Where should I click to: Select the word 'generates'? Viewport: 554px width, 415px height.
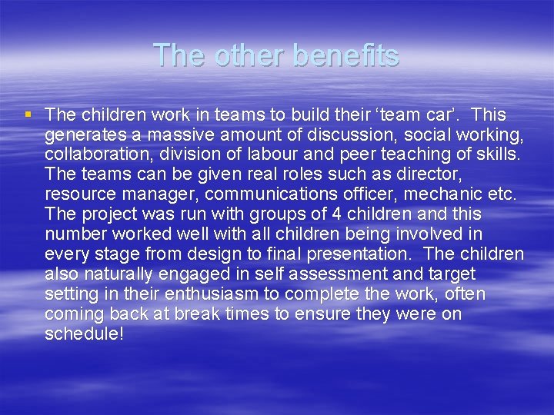[80, 135]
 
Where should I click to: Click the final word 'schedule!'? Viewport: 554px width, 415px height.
[84, 335]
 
